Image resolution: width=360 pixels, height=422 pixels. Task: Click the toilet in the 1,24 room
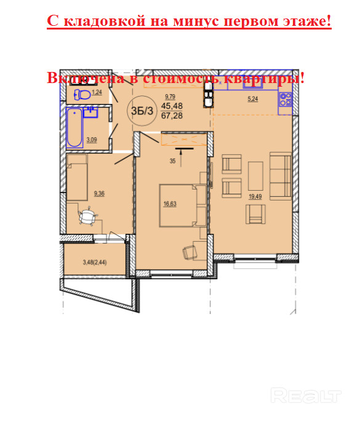[x=82, y=95]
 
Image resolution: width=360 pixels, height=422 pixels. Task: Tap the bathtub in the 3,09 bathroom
[x=74, y=127]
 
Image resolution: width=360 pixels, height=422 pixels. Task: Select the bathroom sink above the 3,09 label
[x=90, y=112]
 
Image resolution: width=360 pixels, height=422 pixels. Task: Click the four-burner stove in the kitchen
[x=285, y=99]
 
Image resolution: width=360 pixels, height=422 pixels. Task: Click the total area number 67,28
[x=172, y=116]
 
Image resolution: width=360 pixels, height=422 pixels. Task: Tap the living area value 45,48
[x=172, y=106]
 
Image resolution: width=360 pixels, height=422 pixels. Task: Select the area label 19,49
[x=255, y=196]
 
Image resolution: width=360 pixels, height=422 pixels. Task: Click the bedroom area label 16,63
[x=170, y=204]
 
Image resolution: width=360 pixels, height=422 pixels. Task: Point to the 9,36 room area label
[x=99, y=193]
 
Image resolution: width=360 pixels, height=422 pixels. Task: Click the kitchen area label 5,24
[x=252, y=99]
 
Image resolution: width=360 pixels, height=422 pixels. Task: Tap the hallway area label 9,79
[x=170, y=97]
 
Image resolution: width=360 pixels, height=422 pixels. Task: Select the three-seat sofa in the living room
[x=281, y=176]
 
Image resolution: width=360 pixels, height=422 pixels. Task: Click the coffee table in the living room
[x=255, y=176]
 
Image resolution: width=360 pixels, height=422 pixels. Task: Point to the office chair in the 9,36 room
[x=87, y=215]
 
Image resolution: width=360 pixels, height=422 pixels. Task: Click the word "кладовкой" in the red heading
[x=105, y=21]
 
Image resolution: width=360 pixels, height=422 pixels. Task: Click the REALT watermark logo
[x=306, y=396]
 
